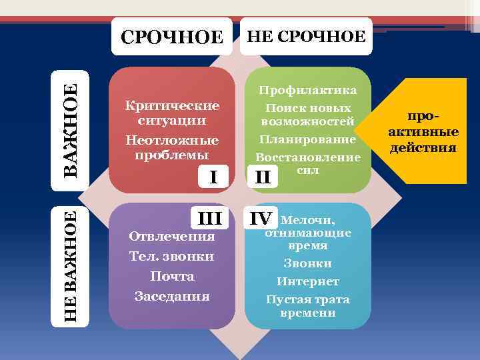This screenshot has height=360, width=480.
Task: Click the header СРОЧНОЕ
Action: [x=171, y=37]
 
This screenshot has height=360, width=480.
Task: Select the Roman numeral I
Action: [x=213, y=177]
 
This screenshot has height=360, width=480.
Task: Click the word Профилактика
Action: [x=307, y=90]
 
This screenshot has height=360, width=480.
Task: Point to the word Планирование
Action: [x=307, y=140]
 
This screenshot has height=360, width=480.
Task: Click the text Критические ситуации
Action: [x=172, y=113]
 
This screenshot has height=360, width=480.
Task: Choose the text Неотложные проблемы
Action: [x=172, y=147]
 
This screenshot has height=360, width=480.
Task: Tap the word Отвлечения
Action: [x=171, y=236]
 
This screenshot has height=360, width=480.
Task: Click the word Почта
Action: [x=172, y=276]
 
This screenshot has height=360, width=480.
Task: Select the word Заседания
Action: [x=172, y=296]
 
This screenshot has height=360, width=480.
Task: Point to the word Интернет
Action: [x=307, y=281]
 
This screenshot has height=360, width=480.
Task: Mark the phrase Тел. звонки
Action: [x=171, y=256]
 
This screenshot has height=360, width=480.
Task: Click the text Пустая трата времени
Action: [x=307, y=306]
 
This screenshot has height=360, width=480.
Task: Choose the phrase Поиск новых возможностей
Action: [x=307, y=115]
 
